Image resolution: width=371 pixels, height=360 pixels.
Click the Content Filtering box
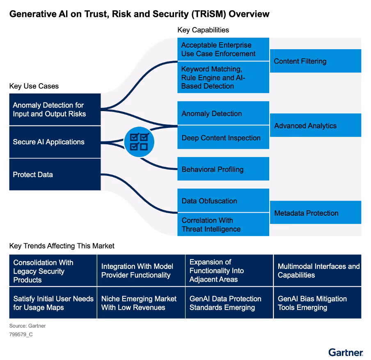[x=315, y=61]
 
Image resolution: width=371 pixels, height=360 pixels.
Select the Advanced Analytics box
[x=315, y=125]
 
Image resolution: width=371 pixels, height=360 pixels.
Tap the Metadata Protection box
[x=315, y=213]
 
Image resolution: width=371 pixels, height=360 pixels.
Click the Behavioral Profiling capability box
[x=223, y=169]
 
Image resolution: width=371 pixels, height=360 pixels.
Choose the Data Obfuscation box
[x=223, y=201]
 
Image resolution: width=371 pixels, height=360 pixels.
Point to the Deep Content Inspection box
[x=223, y=138]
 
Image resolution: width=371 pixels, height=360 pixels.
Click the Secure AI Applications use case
[x=55, y=142]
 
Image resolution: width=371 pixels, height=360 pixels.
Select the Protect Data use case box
[x=55, y=174]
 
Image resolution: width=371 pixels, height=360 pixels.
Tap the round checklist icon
[x=139, y=141]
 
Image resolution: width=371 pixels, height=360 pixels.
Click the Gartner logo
[x=346, y=352]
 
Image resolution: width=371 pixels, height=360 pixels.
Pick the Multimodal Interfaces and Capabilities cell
[x=318, y=271]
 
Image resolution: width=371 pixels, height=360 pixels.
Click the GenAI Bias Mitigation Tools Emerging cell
[x=318, y=303]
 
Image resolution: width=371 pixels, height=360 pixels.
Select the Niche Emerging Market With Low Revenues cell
[x=141, y=303]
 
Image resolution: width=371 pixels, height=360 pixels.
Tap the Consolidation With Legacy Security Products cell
[x=53, y=271]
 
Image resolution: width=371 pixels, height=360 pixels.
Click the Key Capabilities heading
[x=203, y=30]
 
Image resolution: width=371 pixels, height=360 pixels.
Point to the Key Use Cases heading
[x=34, y=86]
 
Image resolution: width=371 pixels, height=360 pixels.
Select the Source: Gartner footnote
[x=27, y=326]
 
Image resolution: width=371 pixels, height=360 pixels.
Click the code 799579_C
[x=21, y=335]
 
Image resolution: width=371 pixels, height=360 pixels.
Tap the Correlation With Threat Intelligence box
[x=223, y=225]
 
